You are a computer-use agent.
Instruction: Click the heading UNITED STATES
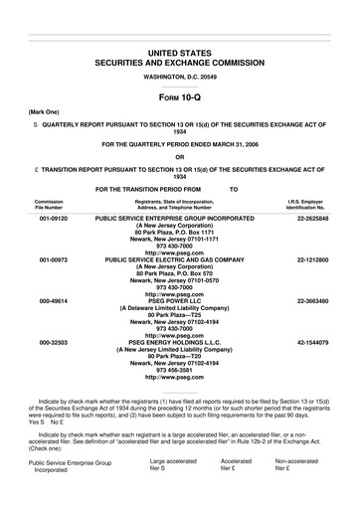(180, 50)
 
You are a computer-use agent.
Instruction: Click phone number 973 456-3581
(180, 371)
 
